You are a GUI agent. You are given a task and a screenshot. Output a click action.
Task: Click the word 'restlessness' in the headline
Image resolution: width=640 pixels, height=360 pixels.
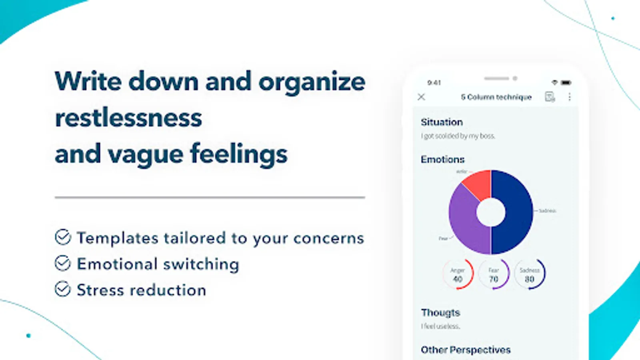pos(128,118)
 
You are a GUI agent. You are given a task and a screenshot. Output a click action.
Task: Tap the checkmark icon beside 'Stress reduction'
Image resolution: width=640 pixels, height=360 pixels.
pos(63,289)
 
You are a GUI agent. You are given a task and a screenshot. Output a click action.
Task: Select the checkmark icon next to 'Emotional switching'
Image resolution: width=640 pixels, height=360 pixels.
pos(63,264)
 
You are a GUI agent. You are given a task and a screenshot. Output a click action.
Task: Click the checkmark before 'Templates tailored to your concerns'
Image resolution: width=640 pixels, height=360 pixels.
pos(63,237)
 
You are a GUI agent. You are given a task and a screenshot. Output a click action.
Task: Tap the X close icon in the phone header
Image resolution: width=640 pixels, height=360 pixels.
pos(421,97)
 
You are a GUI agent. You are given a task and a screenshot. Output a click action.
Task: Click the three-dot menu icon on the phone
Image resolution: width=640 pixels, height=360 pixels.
pos(569,97)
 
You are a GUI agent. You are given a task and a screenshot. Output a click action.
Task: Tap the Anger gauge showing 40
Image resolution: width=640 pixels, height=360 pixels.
pos(458,274)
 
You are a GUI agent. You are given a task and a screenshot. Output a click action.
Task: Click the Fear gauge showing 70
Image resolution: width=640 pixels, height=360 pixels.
pos(494,274)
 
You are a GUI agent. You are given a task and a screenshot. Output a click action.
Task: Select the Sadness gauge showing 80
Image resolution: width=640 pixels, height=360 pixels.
pos(530,274)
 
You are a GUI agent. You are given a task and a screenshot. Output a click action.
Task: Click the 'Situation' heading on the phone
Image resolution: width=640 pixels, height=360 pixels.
pos(442,122)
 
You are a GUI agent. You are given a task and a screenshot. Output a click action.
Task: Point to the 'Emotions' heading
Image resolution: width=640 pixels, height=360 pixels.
pos(442,159)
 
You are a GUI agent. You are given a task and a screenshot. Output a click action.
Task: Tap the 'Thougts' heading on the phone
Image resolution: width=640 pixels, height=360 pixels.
pos(440,312)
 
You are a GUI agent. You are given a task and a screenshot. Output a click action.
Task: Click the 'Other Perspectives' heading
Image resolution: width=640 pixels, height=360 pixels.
pos(466,350)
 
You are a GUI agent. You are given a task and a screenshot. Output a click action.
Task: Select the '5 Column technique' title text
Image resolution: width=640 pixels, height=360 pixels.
pos(496,97)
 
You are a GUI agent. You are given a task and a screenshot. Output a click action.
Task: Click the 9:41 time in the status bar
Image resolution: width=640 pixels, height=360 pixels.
pos(434,83)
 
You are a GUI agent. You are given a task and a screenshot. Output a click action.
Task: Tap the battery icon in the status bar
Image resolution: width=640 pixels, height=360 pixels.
pos(566,83)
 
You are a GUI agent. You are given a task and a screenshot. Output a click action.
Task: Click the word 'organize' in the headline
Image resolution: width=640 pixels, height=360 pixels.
pos(312,82)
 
